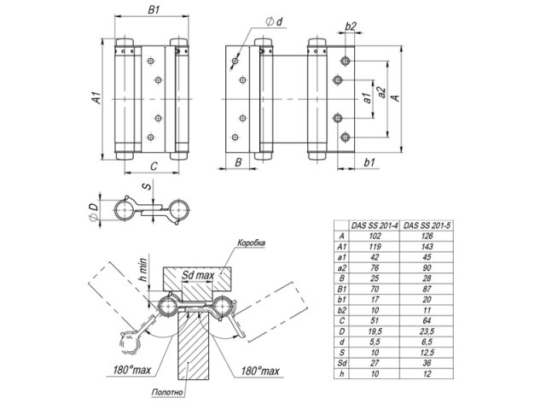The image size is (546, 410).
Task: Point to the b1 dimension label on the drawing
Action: point(369,161)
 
